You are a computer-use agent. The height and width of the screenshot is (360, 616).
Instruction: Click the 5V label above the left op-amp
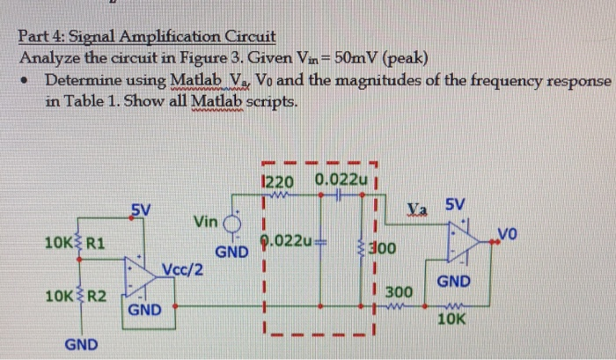pyautogui.click(x=141, y=209)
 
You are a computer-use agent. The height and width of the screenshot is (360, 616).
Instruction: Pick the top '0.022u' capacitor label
pyautogui.click(x=339, y=181)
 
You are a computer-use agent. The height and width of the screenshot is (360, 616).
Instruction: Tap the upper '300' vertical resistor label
pyautogui.click(x=386, y=249)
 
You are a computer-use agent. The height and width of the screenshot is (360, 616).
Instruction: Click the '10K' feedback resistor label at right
pyautogui.click(x=451, y=321)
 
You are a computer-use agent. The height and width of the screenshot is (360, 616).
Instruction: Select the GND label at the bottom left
pyautogui.click(x=81, y=344)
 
